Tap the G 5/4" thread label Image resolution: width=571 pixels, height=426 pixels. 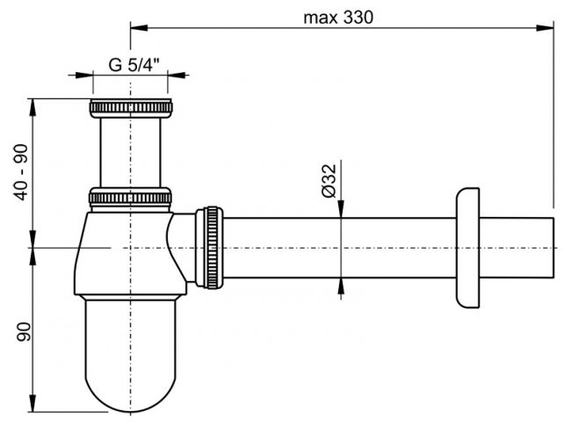[x=134, y=64]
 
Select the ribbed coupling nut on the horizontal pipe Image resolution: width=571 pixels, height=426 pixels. [x=212, y=247]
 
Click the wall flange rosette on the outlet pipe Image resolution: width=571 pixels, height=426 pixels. [x=467, y=247]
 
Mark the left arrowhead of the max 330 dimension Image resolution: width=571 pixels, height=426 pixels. [x=135, y=27]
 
